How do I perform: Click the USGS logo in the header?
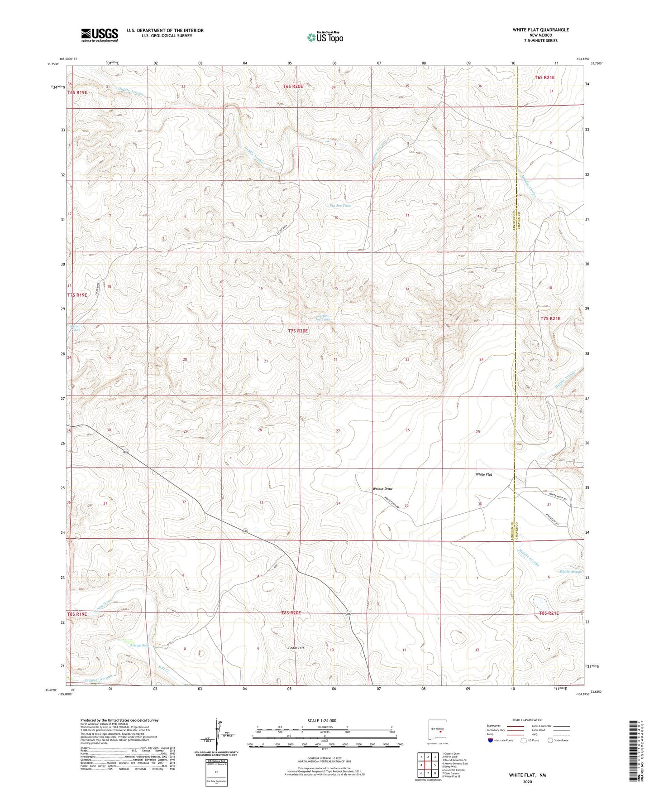100,35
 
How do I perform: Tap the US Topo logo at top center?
325,37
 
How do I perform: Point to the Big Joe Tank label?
340,206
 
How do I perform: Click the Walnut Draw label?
382,489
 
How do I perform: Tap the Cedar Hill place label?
296,648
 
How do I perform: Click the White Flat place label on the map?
484,474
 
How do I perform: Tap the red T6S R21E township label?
544,77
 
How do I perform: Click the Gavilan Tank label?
74,328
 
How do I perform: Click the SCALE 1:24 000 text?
322,720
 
